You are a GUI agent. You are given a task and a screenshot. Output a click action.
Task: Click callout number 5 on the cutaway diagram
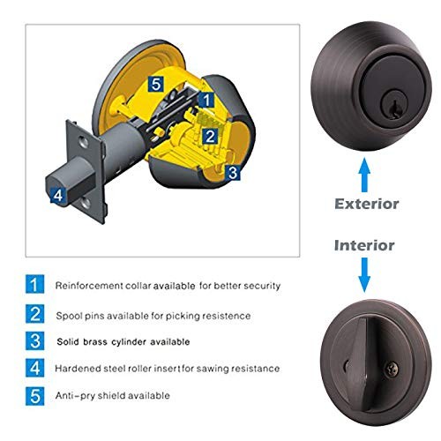pyautogui.click(x=156, y=84)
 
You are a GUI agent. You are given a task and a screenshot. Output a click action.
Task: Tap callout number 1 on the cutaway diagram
pyautogui.click(x=206, y=100)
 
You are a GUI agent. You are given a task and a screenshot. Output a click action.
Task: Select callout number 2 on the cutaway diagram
pyautogui.click(x=210, y=137)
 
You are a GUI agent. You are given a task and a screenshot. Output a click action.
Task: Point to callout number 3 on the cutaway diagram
pyautogui.click(x=233, y=173)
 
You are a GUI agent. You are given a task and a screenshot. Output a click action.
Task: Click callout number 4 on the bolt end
pyautogui.click(x=58, y=195)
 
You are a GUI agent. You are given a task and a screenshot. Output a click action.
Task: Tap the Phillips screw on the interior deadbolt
pyautogui.click(x=392, y=369)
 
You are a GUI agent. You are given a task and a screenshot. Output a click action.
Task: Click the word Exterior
pyautogui.click(x=367, y=204)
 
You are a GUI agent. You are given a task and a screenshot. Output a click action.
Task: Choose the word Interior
pyautogui.click(x=364, y=245)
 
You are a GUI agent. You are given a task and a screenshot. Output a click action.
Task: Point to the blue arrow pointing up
pyautogui.click(x=364, y=175)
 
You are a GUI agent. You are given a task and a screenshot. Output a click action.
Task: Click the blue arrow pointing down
pyautogui.click(x=364, y=274)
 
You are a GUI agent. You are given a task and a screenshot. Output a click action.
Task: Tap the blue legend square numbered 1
pyautogui.click(x=34, y=284)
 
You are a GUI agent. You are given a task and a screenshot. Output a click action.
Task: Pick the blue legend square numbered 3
pyautogui.click(x=34, y=341)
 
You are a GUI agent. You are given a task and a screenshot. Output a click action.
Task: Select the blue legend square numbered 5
pyautogui.click(x=34, y=396)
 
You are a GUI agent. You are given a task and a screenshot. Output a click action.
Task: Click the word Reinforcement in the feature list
pyautogui.click(x=89, y=286)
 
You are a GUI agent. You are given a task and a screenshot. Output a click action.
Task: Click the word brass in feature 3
pyautogui.click(x=95, y=341)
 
